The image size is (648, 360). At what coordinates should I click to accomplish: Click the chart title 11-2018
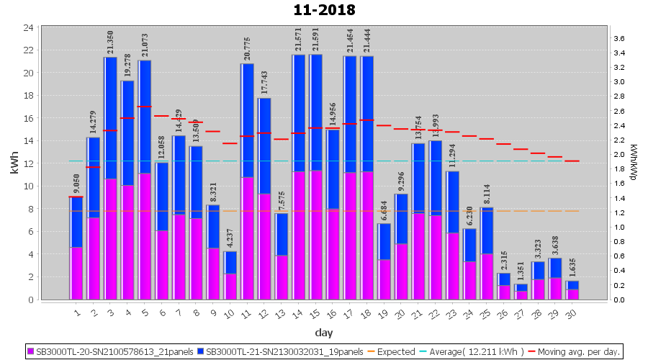click(x=324, y=10)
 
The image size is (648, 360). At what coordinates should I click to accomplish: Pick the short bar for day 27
click(x=521, y=291)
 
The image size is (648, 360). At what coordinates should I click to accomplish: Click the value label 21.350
click(x=110, y=43)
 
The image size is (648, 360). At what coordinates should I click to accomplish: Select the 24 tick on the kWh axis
click(x=28, y=27)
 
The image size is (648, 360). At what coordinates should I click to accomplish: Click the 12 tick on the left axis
click(x=28, y=163)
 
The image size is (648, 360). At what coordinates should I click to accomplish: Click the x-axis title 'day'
click(x=323, y=332)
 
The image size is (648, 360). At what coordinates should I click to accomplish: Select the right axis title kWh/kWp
click(x=633, y=163)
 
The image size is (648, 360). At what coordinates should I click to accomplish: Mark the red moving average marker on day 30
click(x=572, y=161)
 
